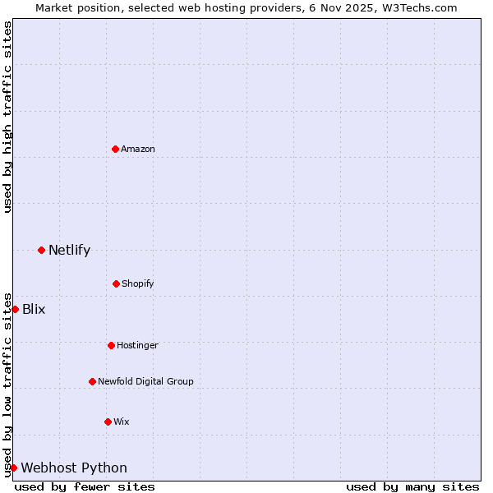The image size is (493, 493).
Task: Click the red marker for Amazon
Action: pyautogui.click(x=115, y=149)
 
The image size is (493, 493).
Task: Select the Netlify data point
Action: pyautogui.click(x=41, y=250)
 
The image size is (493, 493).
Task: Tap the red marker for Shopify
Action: pyautogui.click(x=116, y=283)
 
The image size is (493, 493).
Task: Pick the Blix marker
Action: pyautogui.click(x=15, y=309)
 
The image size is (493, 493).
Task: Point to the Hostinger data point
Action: pyautogui.click(x=111, y=345)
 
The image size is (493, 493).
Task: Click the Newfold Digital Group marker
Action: pyautogui.click(x=92, y=381)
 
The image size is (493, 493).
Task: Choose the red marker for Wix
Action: pyautogui.click(x=108, y=422)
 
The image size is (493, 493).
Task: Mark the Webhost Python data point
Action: pyautogui.click(x=13, y=468)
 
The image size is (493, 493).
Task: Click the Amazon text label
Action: pyautogui.click(x=138, y=149)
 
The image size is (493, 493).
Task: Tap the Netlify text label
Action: pyautogui.click(x=69, y=250)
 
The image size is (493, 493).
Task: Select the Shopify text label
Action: pyautogui.click(x=137, y=283)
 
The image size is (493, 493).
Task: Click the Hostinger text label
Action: pyautogui.click(x=137, y=345)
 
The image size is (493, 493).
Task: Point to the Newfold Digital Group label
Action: pyautogui.click(x=145, y=381)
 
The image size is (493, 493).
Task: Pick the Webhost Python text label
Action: pyautogui.click(x=74, y=468)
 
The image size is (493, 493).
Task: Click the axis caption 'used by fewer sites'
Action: pyautogui.click(x=85, y=486)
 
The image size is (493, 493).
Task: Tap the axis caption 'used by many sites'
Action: pyautogui.click(x=412, y=486)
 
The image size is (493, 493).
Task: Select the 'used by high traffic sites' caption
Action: pyautogui.click(x=7, y=117)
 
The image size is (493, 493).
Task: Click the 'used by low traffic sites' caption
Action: pyautogui.click(x=7, y=384)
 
